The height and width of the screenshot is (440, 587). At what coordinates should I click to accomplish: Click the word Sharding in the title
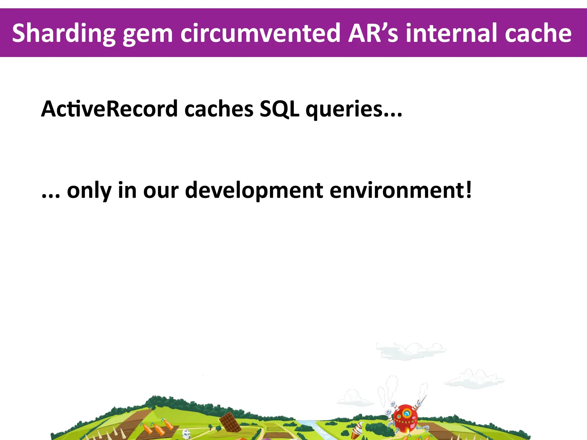(64, 34)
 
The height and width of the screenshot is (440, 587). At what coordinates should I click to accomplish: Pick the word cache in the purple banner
(538, 34)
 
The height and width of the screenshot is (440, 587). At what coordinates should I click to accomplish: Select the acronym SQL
(279, 109)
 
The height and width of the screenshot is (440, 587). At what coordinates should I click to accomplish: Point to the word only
(89, 190)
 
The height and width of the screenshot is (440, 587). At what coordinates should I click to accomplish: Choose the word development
(254, 190)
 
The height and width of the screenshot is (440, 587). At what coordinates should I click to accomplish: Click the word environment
(397, 190)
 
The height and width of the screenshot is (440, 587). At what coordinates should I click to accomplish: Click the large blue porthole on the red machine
(407, 414)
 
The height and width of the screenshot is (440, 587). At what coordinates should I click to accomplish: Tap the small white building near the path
(186, 434)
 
